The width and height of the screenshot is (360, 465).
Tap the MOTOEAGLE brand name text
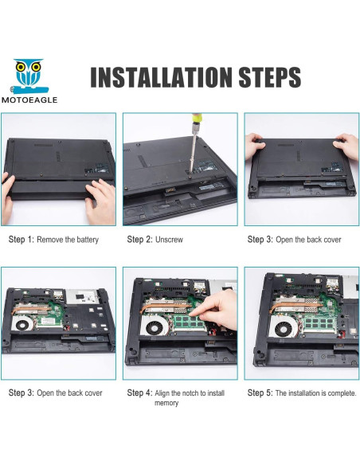[29, 100]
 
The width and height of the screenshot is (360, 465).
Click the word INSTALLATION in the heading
[161, 77]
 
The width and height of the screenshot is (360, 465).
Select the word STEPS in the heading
[269, 77]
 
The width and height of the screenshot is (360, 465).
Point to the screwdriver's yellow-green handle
[196, 119]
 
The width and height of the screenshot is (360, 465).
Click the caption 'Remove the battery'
[68, 240]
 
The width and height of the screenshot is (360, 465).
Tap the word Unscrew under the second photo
[169, 240]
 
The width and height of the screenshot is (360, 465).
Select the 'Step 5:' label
[260, 393]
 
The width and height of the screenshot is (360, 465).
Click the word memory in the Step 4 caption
[166, 403]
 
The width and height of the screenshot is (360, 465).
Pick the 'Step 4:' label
[139, 393]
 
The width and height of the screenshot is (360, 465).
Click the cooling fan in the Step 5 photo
[284, 327]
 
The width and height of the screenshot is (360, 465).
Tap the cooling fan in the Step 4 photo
[155, 326]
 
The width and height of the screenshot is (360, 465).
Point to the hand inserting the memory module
[215, 309]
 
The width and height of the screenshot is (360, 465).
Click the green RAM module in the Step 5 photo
[319, 324]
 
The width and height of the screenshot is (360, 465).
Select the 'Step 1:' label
[22, 240]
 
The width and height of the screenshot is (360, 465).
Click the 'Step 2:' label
[139, 240]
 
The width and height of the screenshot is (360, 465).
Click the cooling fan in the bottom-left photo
[22, 324]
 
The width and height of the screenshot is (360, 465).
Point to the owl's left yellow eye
[21, 67]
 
